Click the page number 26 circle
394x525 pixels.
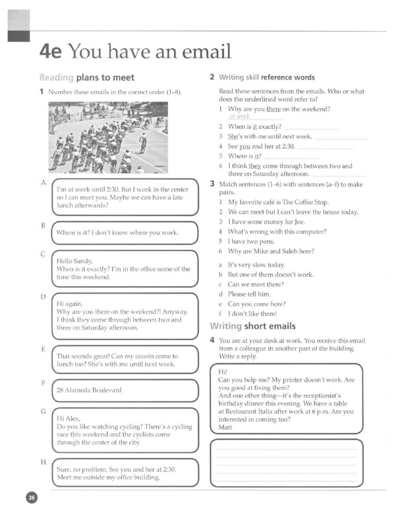pos(32,498)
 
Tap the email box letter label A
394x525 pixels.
pos(44,183)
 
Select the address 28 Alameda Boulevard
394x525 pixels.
pos(89,390)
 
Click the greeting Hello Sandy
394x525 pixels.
pos(74,261)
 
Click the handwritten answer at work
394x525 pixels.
pos(239,116)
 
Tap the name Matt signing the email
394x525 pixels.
pos(225,427)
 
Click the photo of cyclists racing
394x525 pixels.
pos(108,137)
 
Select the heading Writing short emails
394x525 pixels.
pos(252,326)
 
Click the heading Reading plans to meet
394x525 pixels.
pos(87,78)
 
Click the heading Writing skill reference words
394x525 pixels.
pos(266,77)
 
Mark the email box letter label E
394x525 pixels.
pos(44,349)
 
